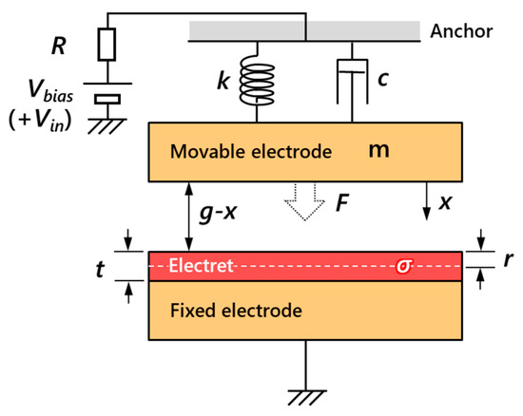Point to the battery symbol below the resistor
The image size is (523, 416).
tap(107, 94)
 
